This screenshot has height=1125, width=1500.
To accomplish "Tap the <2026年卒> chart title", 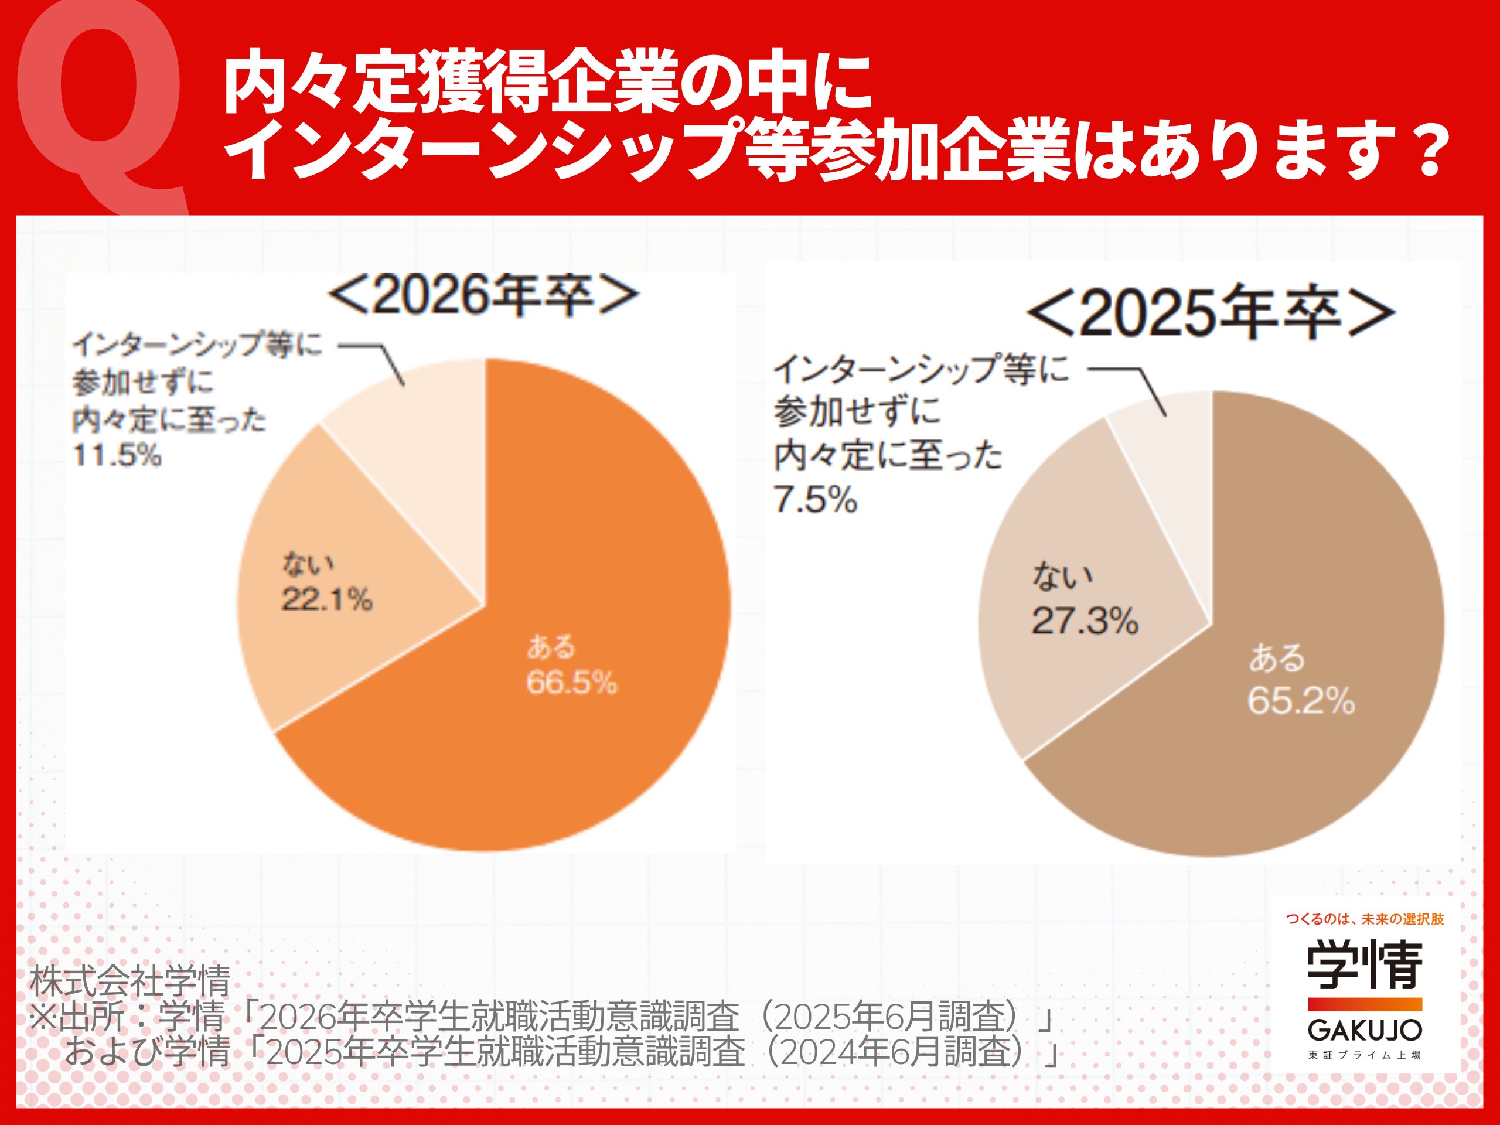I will click(x=483, y=296).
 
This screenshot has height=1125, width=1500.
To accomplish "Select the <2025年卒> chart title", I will click(x=1211, y=314).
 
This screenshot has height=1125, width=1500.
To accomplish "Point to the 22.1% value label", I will click(x=327, y=599).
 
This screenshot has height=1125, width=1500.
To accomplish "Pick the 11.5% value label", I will click(x=117, y=455).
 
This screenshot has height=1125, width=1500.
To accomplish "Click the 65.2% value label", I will click(x=1301, y=701).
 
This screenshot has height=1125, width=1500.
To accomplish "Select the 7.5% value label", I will click(x=815, y=500).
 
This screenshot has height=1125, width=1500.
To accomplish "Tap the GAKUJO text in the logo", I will click(x=1365, y=1031).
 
